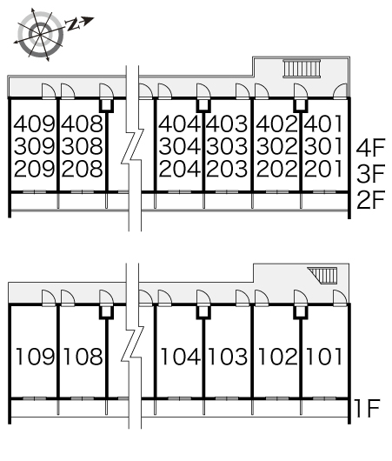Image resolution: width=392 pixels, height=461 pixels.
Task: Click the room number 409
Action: (35, 124)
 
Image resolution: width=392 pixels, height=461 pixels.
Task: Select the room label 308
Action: (83, 146)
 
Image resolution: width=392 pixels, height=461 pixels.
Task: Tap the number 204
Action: (180, 169)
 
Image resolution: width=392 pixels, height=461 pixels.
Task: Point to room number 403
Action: (227, 124)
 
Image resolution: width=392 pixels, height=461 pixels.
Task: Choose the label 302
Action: (277, 146)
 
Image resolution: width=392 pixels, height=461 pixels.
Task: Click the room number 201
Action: (323, 169)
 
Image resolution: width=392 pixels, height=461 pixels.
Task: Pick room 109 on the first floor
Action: (35, 357)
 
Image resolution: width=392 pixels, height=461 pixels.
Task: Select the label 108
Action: (83, 357)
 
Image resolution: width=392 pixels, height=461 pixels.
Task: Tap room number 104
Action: (181, 357)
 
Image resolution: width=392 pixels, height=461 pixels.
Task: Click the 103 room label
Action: (228, 357)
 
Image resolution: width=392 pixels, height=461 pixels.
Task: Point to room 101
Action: (324, 357)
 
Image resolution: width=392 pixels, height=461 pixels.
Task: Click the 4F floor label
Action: (370, 148)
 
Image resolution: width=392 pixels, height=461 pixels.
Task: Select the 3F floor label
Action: (370, 173)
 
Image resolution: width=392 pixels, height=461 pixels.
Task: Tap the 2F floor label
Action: (370, 200)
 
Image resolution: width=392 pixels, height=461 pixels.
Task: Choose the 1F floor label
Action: (368, 408)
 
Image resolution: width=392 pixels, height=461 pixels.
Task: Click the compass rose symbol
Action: (40, 35)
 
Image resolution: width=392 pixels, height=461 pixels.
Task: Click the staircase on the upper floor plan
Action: (302, 69)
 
